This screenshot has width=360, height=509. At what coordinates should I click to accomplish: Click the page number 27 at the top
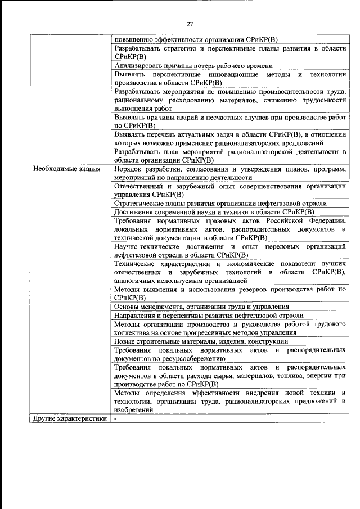coord(190,24)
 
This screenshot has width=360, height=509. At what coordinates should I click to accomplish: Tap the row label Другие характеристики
coord(69,418)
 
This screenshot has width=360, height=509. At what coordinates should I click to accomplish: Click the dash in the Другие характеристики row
coord(115,418)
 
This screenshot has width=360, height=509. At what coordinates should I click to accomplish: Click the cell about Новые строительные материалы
coord(201,341)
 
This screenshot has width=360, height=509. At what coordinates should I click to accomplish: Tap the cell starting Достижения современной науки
coord(214,212)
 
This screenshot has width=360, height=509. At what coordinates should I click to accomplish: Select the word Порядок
coord(128,169)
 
